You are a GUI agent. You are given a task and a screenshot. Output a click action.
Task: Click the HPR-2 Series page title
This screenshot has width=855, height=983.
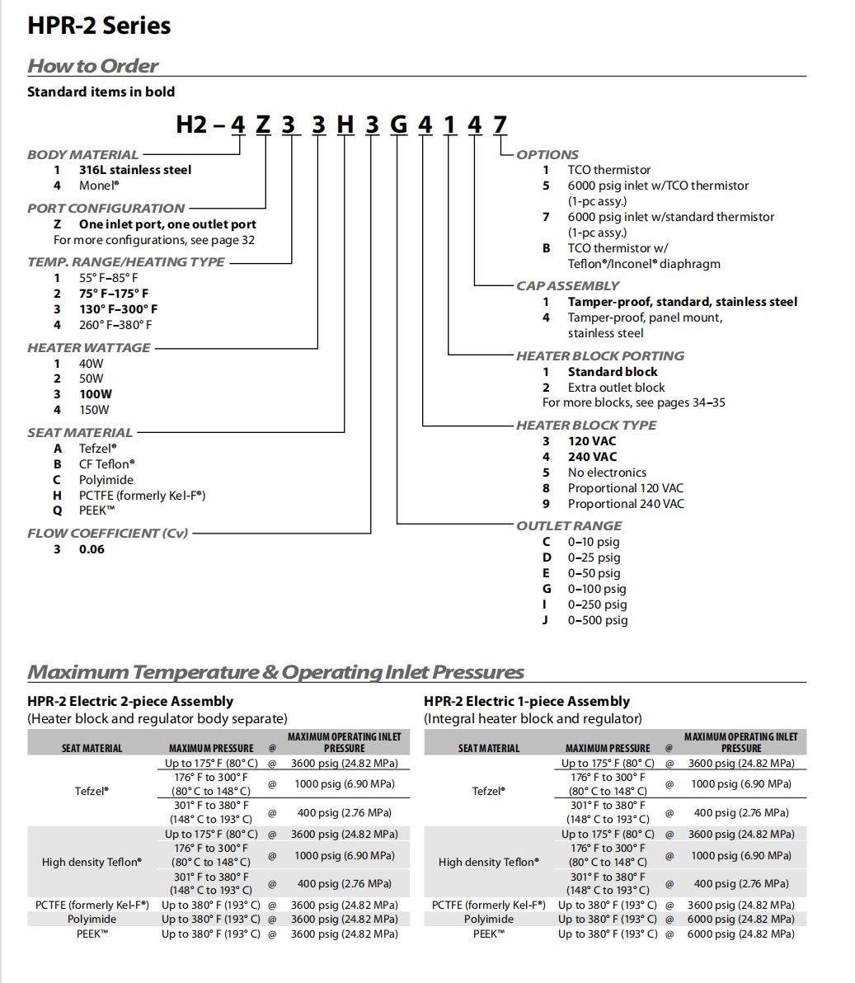click(99, 26)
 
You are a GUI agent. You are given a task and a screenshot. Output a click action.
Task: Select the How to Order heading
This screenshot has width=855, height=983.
click(92, 66)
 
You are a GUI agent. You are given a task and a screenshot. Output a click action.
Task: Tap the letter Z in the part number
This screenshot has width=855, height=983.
click(263, 125)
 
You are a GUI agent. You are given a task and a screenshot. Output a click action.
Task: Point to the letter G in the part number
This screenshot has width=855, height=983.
click(398, 125)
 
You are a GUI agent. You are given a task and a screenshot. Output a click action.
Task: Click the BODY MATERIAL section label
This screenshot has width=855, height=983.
click(82, 154)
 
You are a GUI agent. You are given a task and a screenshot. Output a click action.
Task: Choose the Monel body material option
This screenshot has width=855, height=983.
click(99, 186)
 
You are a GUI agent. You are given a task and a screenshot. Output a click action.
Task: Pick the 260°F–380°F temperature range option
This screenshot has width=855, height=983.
click(115, 325)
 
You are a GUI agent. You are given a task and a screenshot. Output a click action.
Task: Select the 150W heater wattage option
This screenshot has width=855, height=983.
click(94, 410)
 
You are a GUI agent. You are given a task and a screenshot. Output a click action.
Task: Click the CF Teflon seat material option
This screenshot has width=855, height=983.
click(107, 464)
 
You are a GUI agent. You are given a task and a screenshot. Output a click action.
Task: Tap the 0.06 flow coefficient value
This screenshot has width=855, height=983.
click(92, 549)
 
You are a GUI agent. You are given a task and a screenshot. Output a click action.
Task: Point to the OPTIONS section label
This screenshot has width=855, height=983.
click(547, 154)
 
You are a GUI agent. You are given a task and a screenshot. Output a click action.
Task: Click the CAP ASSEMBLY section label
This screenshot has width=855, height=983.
click(567, 285)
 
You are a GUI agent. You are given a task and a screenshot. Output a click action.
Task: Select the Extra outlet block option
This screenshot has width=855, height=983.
click(616, 388)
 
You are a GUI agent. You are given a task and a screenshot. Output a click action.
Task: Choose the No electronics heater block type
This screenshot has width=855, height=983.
click(607, 473)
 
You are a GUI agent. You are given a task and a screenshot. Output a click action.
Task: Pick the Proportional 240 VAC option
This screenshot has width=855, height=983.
click(626, 504)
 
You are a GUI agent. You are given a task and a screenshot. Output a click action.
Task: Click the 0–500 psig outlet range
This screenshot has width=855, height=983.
click(597, 620)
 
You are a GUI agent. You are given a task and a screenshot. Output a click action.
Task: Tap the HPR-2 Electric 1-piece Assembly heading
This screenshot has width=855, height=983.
click(527, 701)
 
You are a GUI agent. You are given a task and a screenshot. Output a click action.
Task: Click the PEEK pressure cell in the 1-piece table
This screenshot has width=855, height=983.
click(741, 934)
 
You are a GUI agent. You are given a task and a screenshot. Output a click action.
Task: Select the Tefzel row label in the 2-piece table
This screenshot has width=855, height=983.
click(92, 791)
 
